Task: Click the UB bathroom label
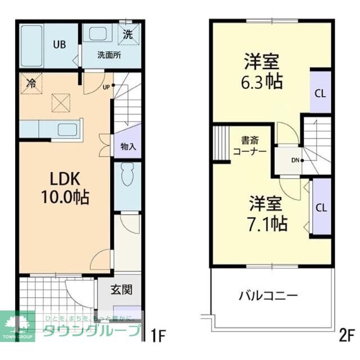[x=58, y=44]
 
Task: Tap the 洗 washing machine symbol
[x=128, y=34]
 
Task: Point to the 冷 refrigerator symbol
[x=31, y=83]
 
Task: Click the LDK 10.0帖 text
[x=61, y=188]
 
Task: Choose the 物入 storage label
[x=128, y=147]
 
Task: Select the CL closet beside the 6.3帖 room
[x=320, y=93]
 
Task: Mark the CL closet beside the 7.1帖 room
[x=321, y=207]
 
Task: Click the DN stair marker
[x=295, y=160]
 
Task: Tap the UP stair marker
[x=106, y=87]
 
